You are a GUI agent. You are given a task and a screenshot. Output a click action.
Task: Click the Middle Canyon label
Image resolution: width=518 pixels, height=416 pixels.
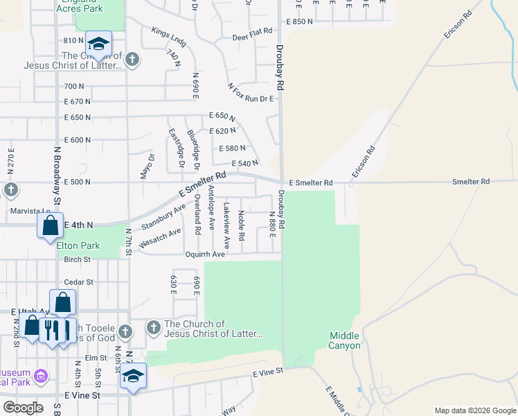pos(344,340)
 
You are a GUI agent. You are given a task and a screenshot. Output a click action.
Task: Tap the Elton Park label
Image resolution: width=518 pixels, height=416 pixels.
pos(78,245)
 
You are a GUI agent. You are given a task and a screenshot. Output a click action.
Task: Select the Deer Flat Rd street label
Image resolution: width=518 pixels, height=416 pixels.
pos(254,37)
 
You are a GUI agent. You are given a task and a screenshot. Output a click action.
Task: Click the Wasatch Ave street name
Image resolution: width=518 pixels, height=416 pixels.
pos(160,238)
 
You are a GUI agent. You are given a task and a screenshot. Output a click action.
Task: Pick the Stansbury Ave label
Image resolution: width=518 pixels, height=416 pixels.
pos(163,216)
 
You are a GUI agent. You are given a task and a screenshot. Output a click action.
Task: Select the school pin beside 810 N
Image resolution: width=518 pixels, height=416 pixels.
pos(98,44)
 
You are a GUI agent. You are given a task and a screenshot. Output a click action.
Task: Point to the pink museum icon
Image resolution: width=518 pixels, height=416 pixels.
pos(41,376)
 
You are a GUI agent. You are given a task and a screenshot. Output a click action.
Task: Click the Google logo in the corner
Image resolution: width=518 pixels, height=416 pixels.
pos(23,408)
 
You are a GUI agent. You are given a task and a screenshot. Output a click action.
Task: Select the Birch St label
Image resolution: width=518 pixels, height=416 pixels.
pos(77,259)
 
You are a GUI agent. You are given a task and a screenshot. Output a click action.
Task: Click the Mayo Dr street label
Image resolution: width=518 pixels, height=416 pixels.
pos(146,167)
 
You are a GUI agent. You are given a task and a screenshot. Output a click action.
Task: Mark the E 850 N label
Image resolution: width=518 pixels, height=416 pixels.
pos(299,21)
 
